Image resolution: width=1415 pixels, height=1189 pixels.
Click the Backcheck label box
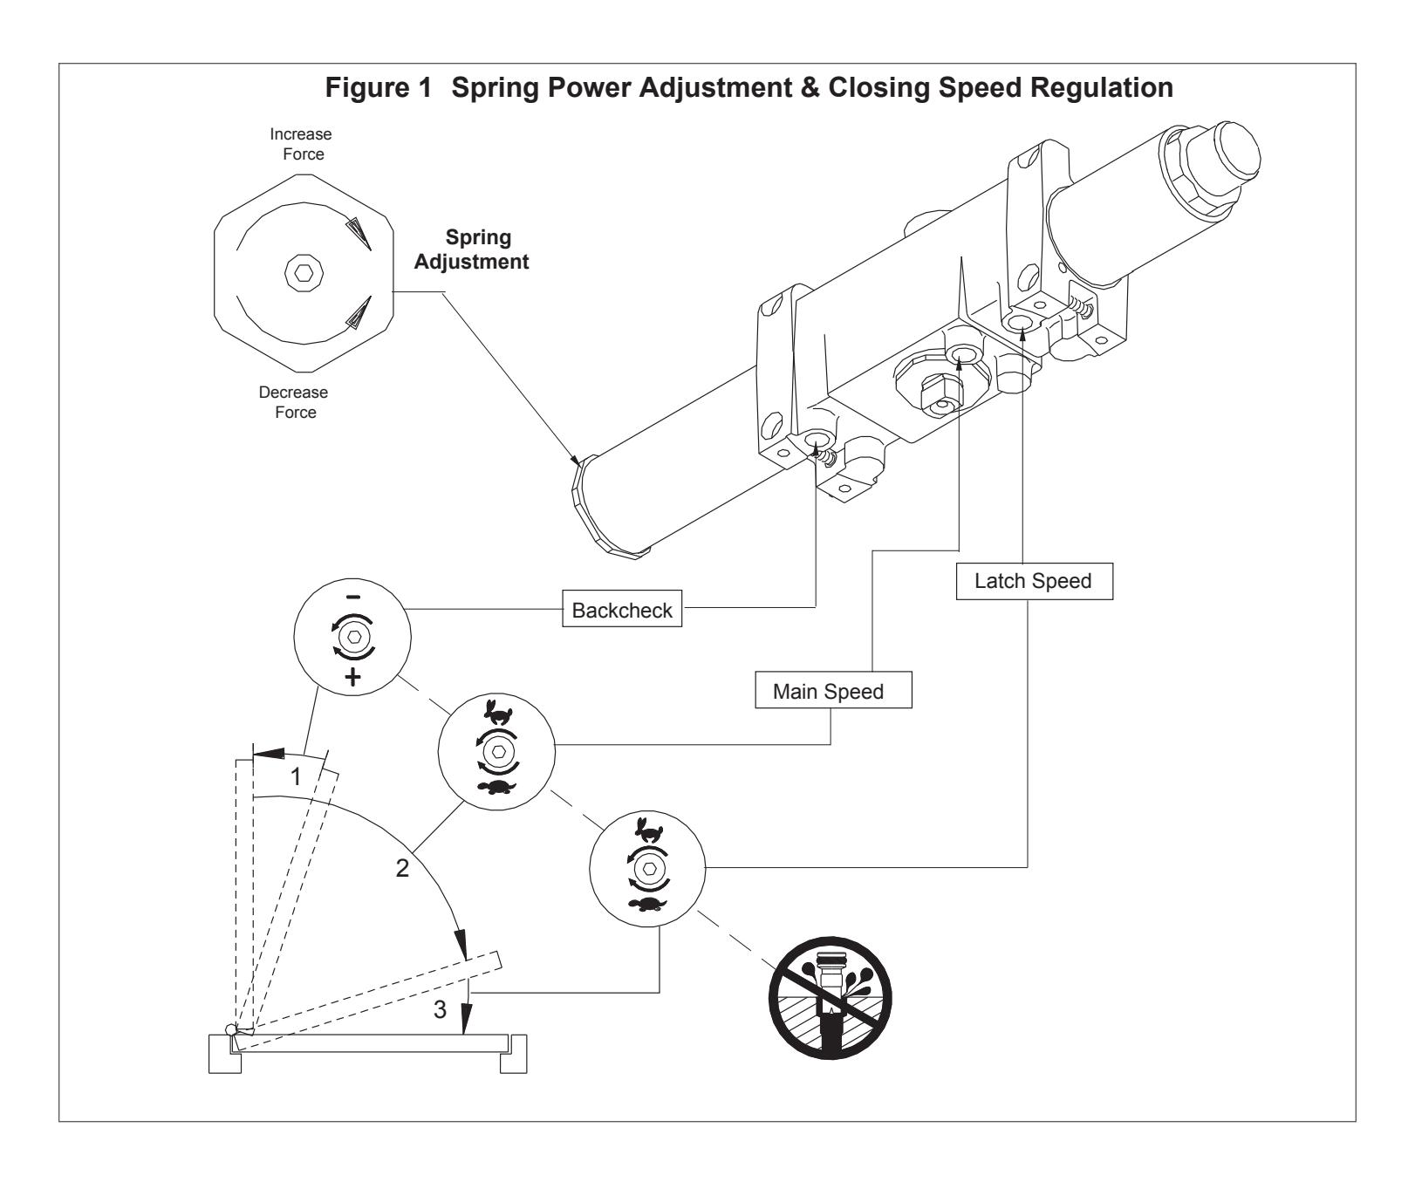click(622, 610)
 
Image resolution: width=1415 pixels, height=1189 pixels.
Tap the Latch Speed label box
click(1034, 581)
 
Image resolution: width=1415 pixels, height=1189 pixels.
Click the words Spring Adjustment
click(471, 249)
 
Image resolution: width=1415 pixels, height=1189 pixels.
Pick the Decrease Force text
click(296, 402)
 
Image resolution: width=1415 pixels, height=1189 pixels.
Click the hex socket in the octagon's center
click(303, 273)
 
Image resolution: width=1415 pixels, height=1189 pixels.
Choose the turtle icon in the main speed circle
click(497, 789)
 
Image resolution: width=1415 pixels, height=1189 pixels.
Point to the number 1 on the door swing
click(296, 776)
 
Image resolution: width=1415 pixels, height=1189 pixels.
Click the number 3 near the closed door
click(440, 1009)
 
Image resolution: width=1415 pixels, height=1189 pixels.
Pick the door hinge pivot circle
click(232, 1029)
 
